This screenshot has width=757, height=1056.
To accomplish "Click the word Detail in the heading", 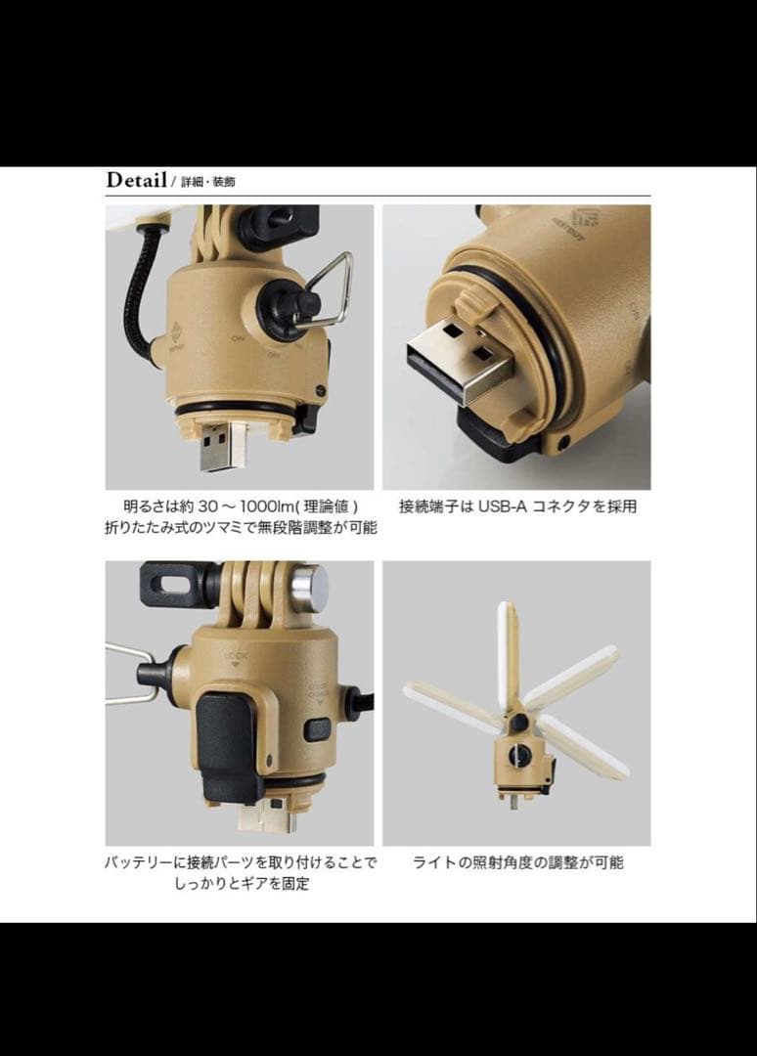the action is (137, 181).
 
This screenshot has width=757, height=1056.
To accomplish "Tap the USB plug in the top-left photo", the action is (216, 447).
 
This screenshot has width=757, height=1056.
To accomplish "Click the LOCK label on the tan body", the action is (236, 656).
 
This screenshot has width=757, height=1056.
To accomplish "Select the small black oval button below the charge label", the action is (317, 729).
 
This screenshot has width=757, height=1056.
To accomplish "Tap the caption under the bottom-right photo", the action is (517, 862).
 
